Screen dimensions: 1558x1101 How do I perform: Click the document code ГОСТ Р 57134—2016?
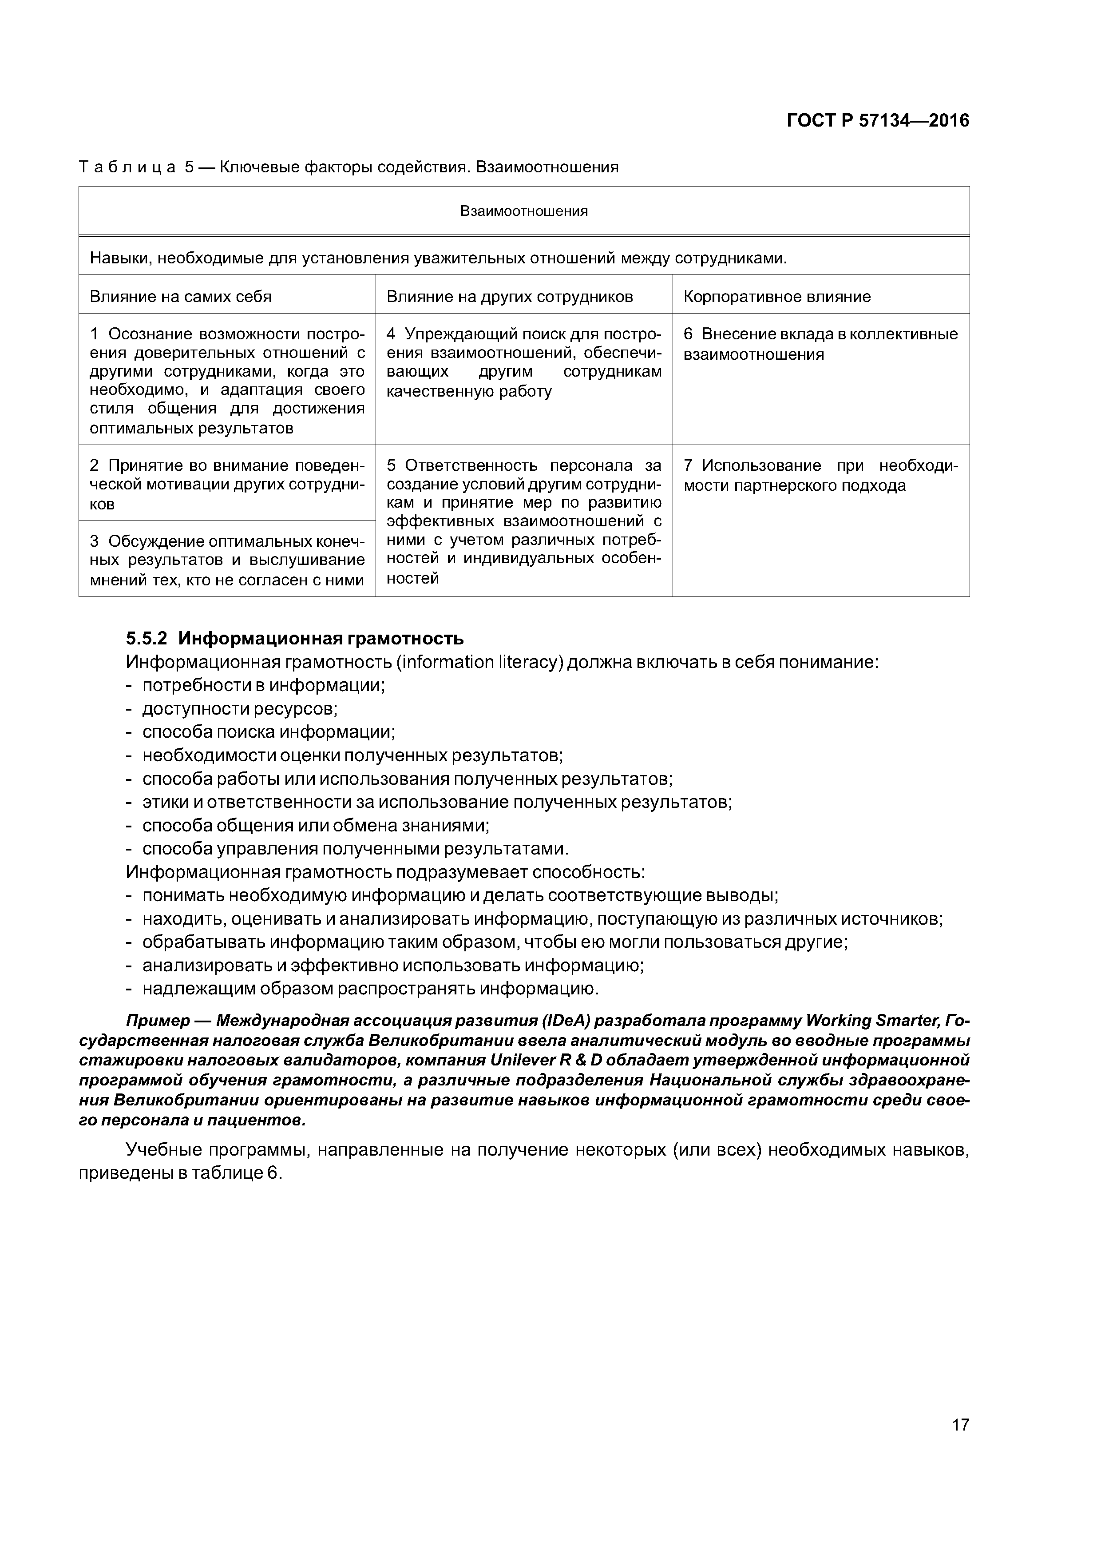tap(878, 121)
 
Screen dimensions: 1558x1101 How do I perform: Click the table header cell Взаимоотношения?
tap(524, 211)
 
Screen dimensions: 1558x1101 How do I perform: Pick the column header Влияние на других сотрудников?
tap(510, 297)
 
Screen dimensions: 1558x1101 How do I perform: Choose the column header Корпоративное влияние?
tap(777, 297)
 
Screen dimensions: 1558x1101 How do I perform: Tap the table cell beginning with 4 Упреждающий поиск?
tap(524, 362)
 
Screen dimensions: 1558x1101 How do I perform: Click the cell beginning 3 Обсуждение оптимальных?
tap(227, 560)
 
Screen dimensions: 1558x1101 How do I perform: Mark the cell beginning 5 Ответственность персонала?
tap(524, 521)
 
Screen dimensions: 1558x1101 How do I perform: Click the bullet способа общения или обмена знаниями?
tap(316, 825)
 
